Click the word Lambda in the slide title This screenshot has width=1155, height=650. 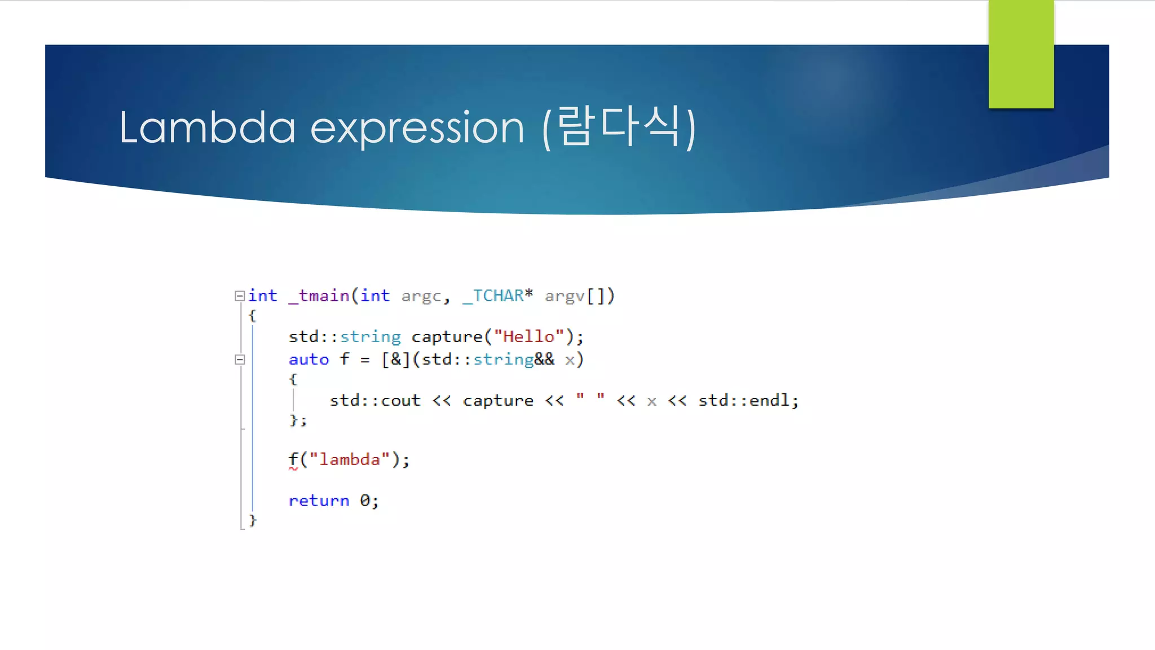coord(207,128)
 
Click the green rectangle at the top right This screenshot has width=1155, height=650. coord(1021,54)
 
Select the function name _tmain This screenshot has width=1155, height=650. coord(319,296)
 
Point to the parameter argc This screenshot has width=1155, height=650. coord(421,296)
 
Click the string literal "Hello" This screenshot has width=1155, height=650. coord(528,337)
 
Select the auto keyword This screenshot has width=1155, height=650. coord(308,359)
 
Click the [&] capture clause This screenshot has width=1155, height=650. coord(395,359)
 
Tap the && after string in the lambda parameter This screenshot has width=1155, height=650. coord(544,359)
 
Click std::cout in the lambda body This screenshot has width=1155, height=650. coord(375,401)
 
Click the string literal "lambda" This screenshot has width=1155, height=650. coord(350,459)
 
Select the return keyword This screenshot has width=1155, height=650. coord(319,500)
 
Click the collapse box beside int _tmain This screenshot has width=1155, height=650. coord(240,296)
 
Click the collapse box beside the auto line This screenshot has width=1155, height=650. coord(240,359)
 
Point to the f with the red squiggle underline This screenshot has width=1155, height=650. coord(293,459)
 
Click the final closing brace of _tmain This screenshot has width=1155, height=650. coord(253,520)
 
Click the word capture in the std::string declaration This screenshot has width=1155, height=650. coord(447,337)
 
